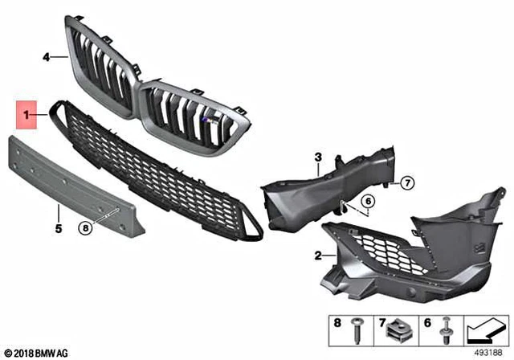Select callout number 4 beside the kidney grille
[46, 57]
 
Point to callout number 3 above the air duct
[317, 156]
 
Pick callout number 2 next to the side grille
[319, 256]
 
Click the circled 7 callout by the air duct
[406, 183]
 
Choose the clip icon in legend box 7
[399, 330]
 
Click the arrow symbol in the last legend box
[483, 329]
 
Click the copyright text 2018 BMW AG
[37, 352]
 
